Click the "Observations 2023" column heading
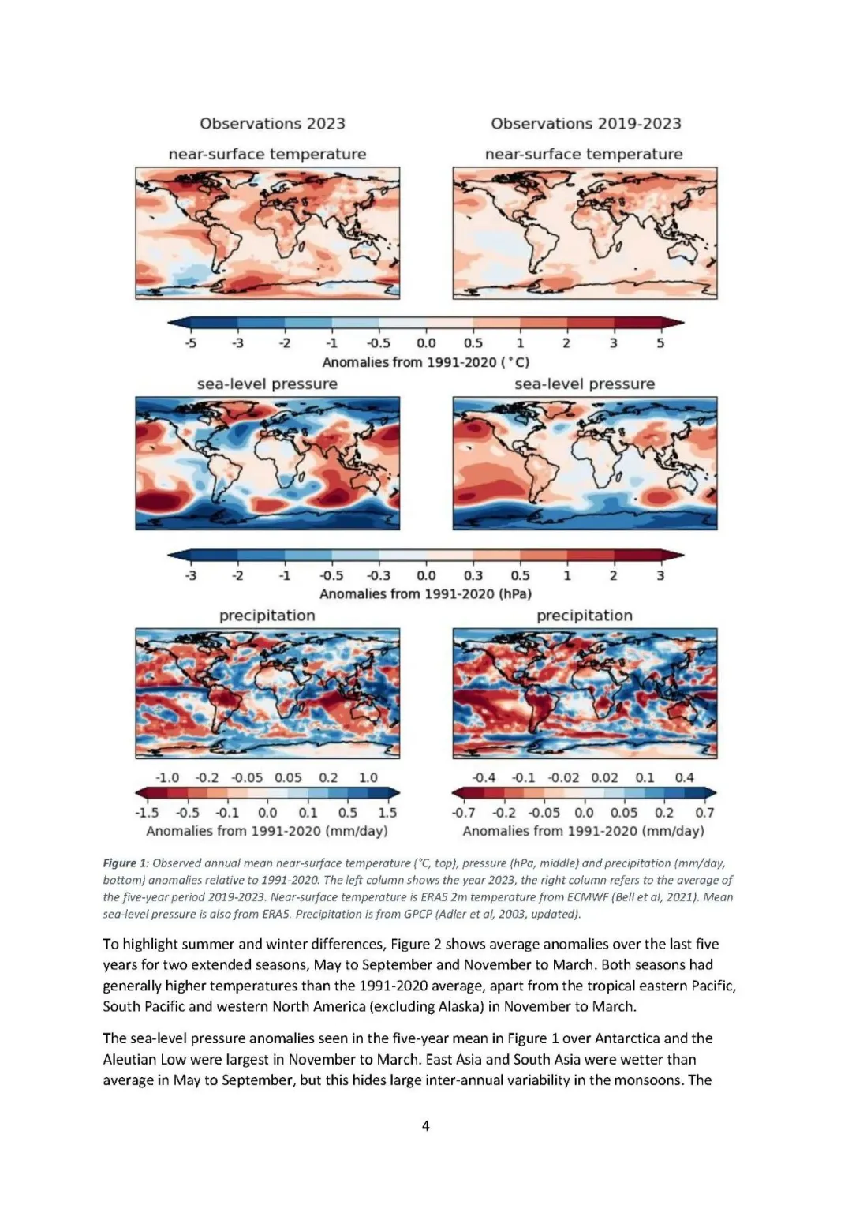(272, 123)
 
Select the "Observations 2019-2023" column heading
(585, 123)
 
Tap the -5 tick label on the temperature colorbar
(190, 343)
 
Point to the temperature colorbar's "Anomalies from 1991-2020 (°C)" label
(425, 362)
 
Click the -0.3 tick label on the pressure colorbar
(379, 575)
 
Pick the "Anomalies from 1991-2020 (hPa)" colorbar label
(425, 593)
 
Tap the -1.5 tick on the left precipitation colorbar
(147, 812)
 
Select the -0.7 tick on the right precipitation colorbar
(463, 812)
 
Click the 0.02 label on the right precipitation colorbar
(604, 777)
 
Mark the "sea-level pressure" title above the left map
(267, 384)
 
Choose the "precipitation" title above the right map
(584, 616)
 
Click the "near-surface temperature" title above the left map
(267, 155)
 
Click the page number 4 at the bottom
(425, 1125)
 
